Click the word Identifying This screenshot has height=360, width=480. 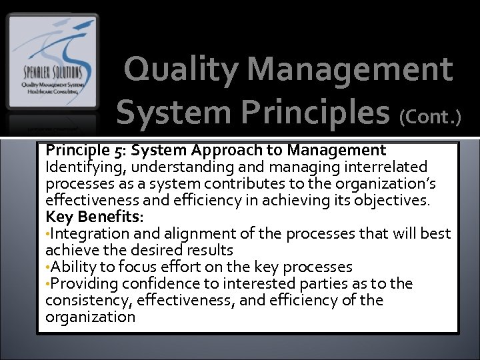point(79,167)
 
